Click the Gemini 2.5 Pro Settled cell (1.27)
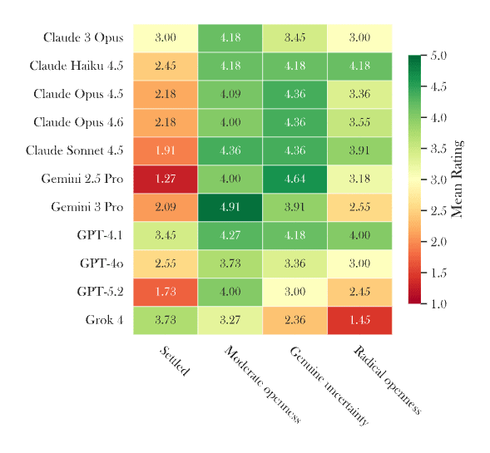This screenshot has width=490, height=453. tap(165, 179)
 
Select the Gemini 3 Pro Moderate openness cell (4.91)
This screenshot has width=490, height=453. tap(230, 207)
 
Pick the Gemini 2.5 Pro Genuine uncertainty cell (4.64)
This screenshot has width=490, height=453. tap(294, 179)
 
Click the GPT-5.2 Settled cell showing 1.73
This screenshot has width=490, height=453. tap(165, 292)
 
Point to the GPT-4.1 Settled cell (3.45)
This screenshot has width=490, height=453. tap(165, 235)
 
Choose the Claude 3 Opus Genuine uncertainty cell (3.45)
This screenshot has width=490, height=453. tap(294, 38)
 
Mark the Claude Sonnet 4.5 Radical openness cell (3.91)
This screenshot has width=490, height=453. tap(359, 150)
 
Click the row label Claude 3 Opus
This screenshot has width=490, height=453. tap(83, 38)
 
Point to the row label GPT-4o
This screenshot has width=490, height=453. tap(101, 263)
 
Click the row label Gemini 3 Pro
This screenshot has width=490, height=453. tap(87, 207)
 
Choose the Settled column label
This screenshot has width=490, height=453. tap(174, 361)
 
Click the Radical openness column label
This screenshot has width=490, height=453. tap(388, 380)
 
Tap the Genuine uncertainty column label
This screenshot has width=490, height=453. tap(329, 386)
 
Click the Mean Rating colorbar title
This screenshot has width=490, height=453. tap(456, 180)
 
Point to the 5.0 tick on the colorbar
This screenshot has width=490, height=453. tap(438, 56)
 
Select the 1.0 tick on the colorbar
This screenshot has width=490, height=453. tap(438, 304)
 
